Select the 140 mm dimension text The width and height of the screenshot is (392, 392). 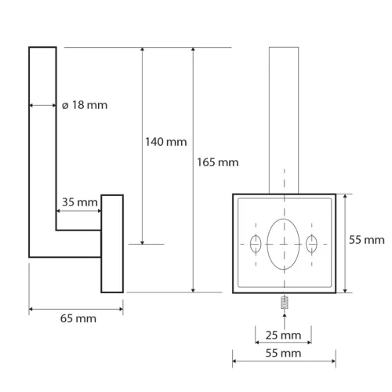click(x=165, y=142)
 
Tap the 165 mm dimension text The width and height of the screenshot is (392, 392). click(x=217, y=162)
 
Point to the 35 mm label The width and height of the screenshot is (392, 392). click(x=79, y=202)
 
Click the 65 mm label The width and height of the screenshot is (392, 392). click(x=75, y=320)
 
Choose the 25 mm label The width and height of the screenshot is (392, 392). click(x=283, y=335)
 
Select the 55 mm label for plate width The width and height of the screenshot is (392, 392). click(x=283, y=354)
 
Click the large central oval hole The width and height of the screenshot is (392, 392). click(x=283, y=244)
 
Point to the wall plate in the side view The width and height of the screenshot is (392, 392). click(x=112, y=243)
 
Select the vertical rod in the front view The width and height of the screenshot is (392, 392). click(x=283, y=118)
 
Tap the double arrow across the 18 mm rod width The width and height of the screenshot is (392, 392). click(x=43, y=105)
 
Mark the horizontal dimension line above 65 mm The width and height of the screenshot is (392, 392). click(x=75, y=309)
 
